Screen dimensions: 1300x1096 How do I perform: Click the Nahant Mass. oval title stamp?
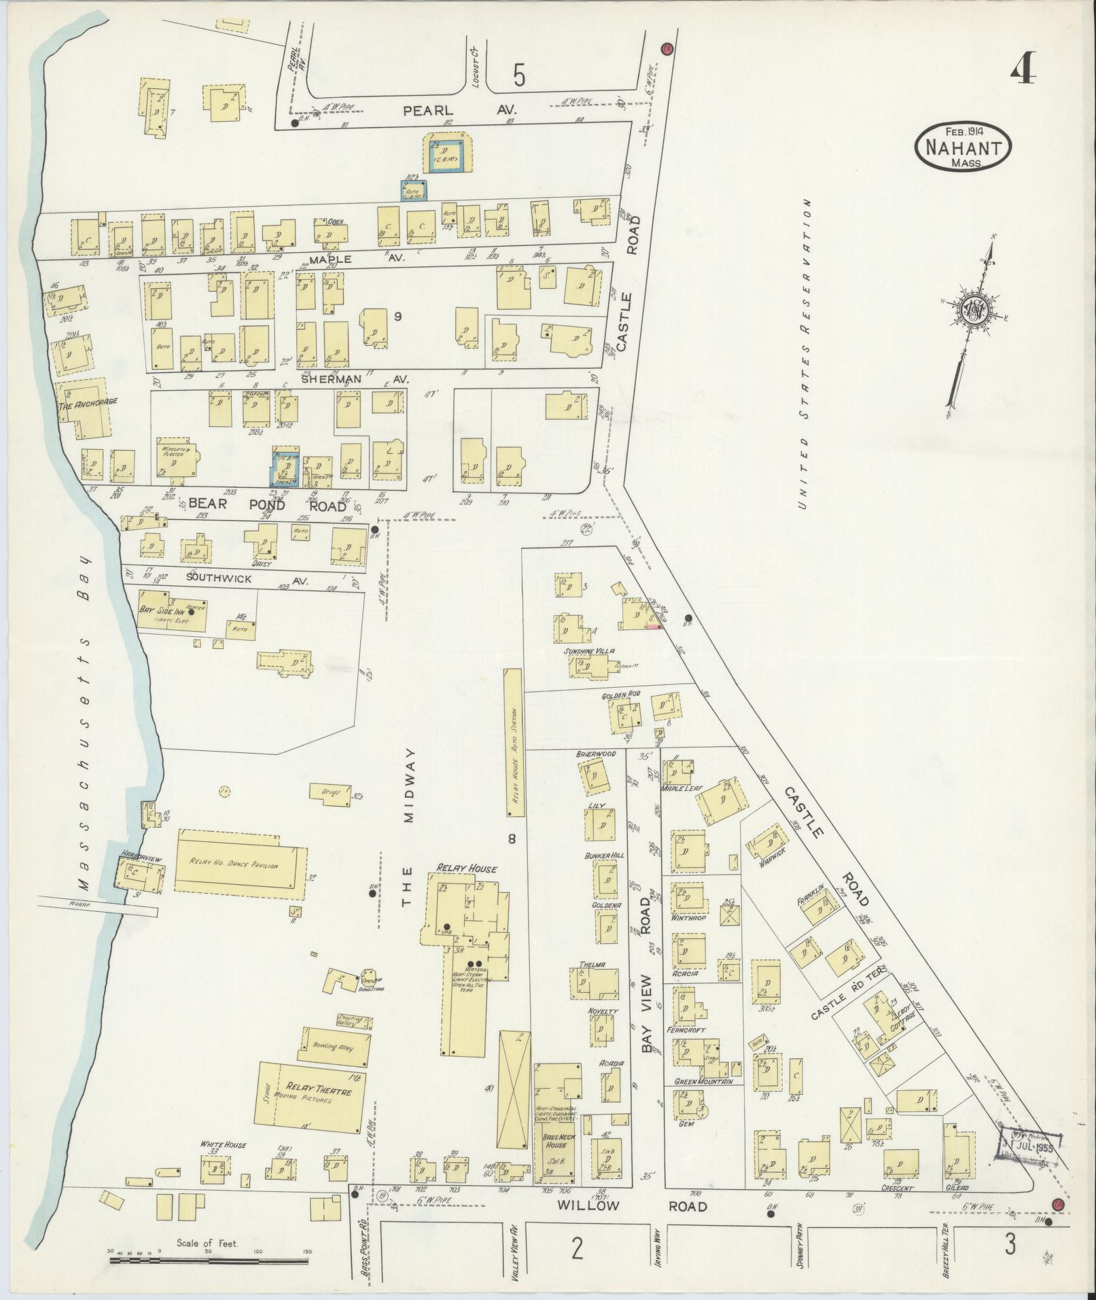tap(963, 147)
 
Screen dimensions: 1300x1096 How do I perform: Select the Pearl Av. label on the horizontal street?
tap(460, 109)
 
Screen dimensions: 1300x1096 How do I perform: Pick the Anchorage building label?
tap(88, 402)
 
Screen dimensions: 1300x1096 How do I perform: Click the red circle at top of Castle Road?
tap(667, 49)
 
